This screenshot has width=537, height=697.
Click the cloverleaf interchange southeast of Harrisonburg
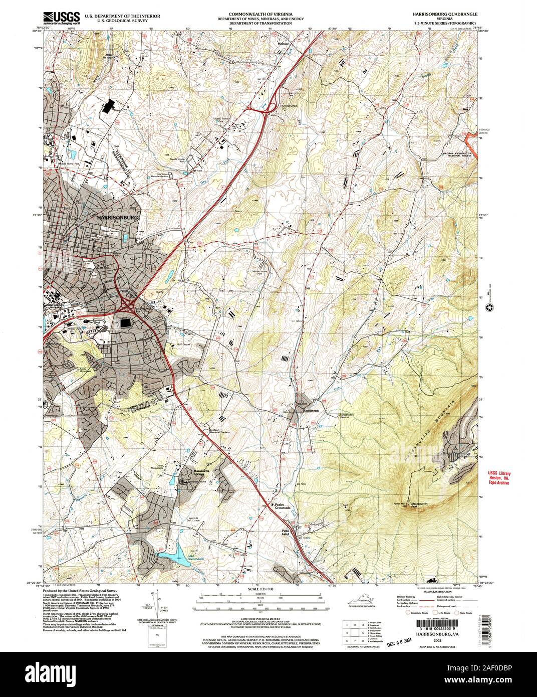[x=129, y=304]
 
